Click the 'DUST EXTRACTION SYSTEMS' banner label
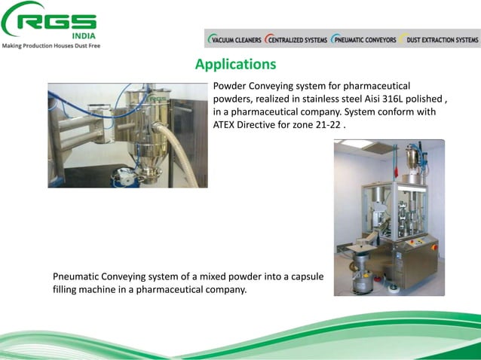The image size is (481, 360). pos(440,39)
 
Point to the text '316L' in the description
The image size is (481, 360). pos(395,99)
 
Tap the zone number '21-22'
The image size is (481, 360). pos(326,124)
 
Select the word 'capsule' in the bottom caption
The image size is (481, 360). pos(307,276)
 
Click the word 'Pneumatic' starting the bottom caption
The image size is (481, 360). pos(77,276)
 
